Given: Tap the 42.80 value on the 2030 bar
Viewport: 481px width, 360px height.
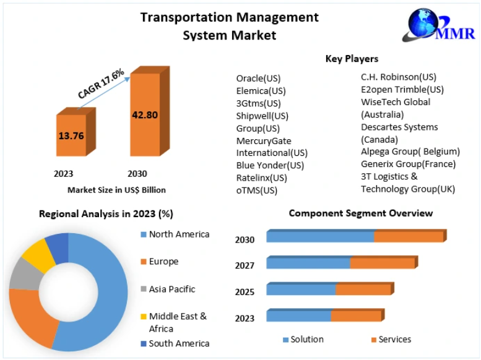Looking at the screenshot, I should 144,114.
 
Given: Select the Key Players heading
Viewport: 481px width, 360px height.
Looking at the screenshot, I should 352,59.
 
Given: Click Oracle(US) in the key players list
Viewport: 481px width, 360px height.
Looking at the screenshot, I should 258,79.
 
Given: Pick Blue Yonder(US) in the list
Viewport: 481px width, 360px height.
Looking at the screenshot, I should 270,165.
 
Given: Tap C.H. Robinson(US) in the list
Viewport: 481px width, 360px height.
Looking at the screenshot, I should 399,77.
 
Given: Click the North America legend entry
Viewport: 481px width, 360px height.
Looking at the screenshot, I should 179,234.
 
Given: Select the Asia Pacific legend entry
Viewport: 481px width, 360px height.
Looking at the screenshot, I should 171,289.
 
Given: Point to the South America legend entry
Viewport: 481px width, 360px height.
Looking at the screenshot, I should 179,343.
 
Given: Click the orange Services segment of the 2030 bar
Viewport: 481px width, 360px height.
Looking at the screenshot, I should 409,236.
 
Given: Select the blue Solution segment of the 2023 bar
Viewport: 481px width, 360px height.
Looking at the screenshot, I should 298,315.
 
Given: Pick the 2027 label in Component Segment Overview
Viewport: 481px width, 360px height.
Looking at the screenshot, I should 245,266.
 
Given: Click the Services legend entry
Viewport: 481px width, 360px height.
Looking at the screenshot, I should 394,340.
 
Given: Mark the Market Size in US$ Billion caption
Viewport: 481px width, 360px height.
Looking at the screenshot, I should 116,190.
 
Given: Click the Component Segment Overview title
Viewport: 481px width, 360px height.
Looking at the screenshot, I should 361,213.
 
